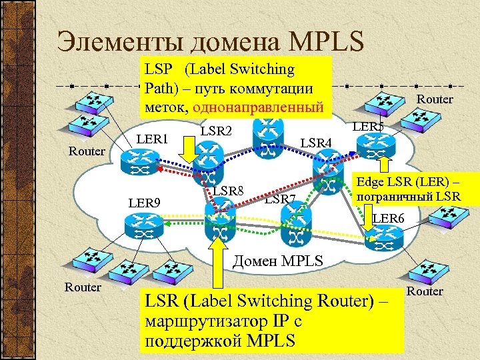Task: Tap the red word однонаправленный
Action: (x=259, y=107)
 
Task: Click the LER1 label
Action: (x=153, y=139)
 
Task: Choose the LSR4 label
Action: (x=317, y=142)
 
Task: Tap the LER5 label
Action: (x=368, y=126)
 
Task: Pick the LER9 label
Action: (x=145, y=201)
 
